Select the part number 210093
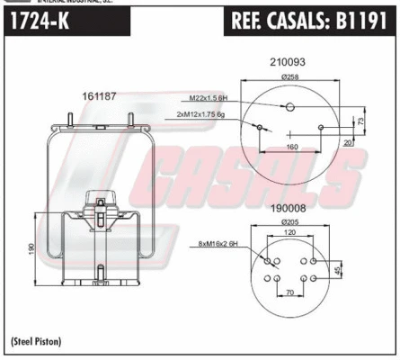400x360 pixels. pos(289,62)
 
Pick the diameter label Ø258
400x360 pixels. pos(289,76)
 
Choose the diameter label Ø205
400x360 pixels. pos(289,221)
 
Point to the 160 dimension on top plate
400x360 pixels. pos(291,146)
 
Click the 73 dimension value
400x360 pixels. pos(360,120)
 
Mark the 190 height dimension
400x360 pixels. pos(31,247)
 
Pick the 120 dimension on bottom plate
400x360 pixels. pos(289,233)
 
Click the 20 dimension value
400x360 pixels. pos(346,141)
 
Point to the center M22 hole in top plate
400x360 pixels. pos(289,107)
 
